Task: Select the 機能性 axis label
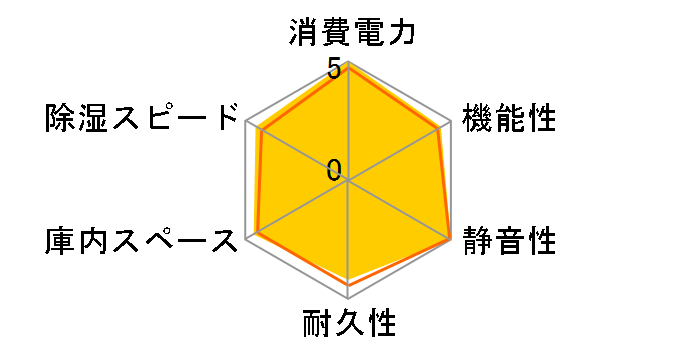(510, 119)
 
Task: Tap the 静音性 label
(510, 240)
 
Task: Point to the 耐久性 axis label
(349, 324)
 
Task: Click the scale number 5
(334, 71)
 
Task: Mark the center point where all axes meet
(349, 181)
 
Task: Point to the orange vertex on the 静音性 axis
(450, 239)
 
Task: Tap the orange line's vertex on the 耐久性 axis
(349, 286)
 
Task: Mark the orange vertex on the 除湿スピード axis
(260, 130)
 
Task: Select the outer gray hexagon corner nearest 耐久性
(349, 299)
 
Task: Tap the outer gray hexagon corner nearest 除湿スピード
(246, 122)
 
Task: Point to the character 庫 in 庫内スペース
(61, 240)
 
